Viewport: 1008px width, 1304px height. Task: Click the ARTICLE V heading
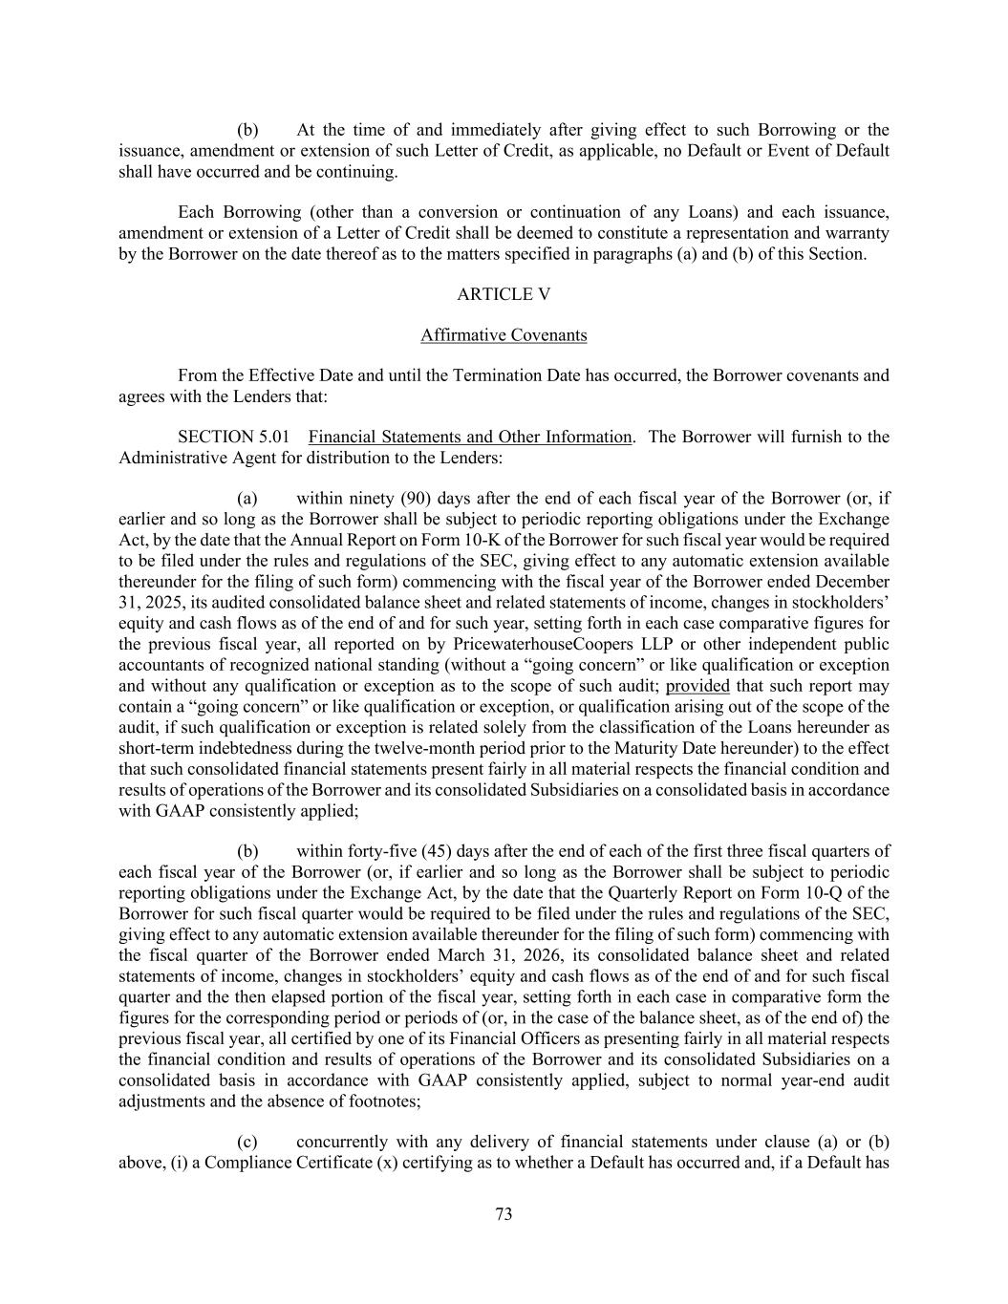tap(504, 294)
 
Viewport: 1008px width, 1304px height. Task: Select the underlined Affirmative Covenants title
tap(504, 335)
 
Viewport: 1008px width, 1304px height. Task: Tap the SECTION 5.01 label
tap(233, 437)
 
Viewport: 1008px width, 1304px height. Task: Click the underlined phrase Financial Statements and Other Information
tap(470, 437)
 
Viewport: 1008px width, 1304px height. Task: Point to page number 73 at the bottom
tap(504, 1214)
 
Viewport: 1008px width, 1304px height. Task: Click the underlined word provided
tap(697, 686)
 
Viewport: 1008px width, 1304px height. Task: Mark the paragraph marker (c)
tap(247, 1142)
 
